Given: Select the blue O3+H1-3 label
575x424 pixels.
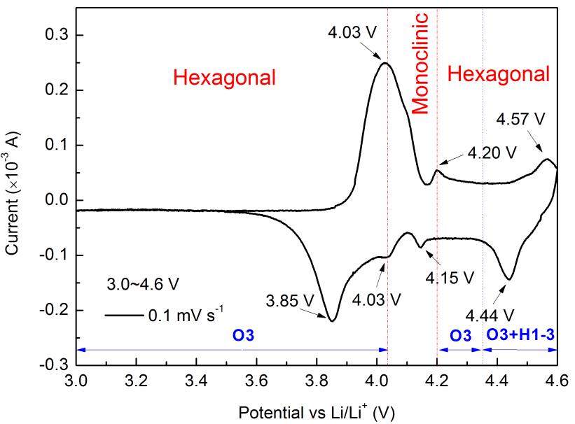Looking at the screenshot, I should (521, 336).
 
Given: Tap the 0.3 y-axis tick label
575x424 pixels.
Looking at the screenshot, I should (56, 35).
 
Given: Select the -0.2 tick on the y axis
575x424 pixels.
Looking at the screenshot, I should (54, 310).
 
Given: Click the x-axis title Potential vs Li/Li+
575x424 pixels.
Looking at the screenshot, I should (315, 410).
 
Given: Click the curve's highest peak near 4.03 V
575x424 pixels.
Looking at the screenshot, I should (385, 63).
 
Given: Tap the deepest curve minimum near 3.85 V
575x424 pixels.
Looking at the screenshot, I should (332, 320).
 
